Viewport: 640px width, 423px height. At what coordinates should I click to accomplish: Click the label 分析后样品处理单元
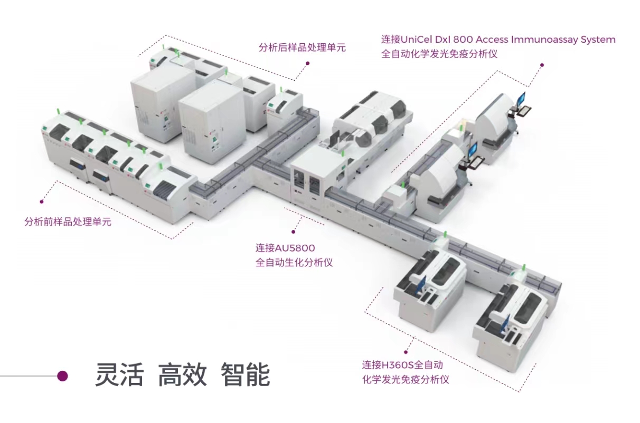(302, 47)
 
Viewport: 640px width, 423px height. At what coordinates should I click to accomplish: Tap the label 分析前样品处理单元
(68, 222)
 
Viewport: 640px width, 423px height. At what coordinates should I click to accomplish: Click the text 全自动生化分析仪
(294, 262)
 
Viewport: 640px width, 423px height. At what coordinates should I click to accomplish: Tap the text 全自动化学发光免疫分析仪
(439, 54)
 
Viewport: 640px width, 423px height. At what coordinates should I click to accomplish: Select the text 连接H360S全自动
(402, 365)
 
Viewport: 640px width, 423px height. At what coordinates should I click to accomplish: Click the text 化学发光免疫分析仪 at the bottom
(406, 379)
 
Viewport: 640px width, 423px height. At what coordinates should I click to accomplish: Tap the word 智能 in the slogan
(246, 375)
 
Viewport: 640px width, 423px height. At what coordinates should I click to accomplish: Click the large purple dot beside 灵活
(62, 376)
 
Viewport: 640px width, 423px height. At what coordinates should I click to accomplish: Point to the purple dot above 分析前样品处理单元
(42, 201)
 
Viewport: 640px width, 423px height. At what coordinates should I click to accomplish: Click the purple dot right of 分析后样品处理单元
(307, 63)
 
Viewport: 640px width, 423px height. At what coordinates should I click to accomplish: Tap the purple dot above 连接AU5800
(294, 231)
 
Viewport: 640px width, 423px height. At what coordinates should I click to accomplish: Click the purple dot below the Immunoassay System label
(542, 65)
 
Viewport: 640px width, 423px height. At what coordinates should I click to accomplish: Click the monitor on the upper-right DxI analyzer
(521, 99)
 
